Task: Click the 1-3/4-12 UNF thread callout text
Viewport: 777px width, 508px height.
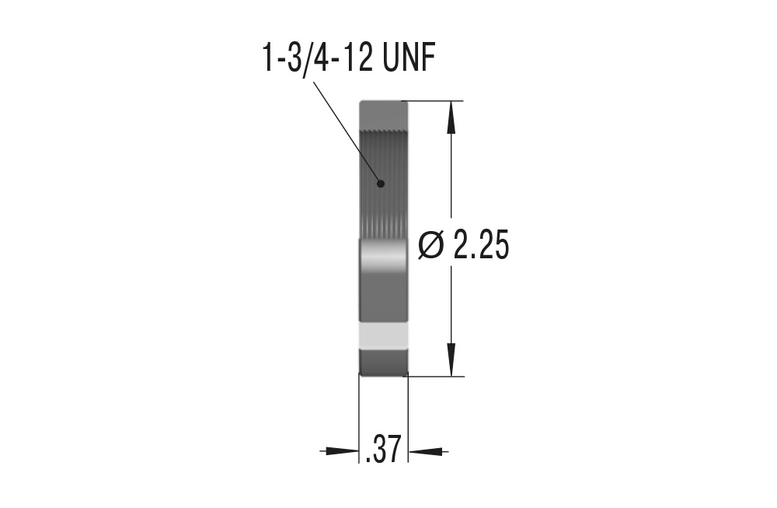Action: click(x=348, y=58)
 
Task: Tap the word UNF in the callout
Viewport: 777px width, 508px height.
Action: click(x=409, y=58)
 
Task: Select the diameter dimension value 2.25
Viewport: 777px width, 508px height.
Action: click(x=481, y=246)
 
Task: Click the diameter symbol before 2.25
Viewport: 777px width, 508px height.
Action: click(x=430, y=246)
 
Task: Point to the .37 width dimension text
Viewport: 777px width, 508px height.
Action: click(x=383, y=450)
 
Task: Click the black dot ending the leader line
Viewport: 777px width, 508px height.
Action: click(x=381, y=184)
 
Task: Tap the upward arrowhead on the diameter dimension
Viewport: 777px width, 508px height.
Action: click(x=451, y=117)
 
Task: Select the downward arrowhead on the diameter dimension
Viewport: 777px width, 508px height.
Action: click(x=451, y=359)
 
